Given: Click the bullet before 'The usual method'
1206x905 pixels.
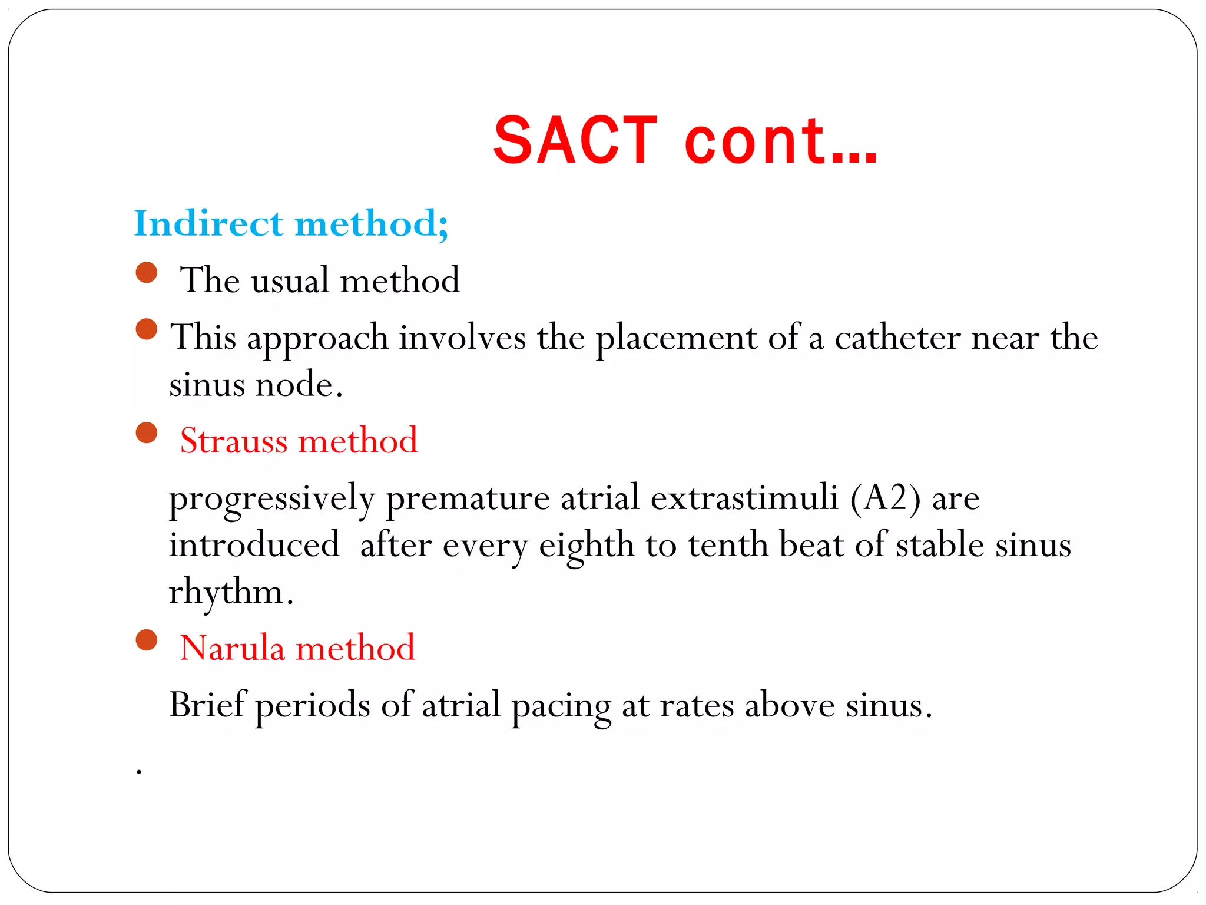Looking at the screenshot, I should [147, 273].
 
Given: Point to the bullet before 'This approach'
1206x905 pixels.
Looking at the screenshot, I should [147, 329].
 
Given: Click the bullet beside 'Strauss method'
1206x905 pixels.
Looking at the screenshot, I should [147, 433].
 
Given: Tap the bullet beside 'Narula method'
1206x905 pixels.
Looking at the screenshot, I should [147, 640].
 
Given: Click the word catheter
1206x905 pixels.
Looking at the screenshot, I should [897, 338].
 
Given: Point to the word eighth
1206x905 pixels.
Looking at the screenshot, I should [587, 546].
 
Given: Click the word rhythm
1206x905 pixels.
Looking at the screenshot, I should [227, 592].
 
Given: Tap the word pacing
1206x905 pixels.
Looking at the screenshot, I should [561, 706].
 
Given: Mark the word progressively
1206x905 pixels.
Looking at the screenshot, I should [271, 498].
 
